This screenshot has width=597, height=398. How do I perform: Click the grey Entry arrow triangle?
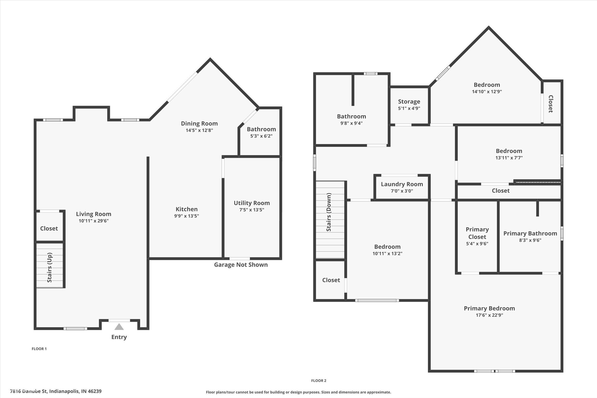tap(119, 327)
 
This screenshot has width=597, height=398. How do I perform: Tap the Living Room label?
tap(93, 214)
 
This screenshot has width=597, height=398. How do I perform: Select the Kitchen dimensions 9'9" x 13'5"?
tap(187, 216)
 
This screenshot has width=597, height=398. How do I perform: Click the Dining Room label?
tap(199, 123)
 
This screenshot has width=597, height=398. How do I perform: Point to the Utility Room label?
tap(252, 203)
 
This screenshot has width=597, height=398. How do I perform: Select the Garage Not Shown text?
tap(241, 265)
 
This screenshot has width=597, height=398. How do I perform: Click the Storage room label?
tap(409, 101)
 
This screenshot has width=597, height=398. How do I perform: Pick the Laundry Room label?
tap(402, 184)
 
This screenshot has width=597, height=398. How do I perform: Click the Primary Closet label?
tap(477, 233)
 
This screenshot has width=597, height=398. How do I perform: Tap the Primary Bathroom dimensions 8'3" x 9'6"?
tap(530, 240)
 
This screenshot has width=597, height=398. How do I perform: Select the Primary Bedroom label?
tap(489, 308)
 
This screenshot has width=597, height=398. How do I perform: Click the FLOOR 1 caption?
tap(39, 349)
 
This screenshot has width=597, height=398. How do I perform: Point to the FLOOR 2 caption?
tap(319, 381)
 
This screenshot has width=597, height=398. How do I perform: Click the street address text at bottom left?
tap(56, 391)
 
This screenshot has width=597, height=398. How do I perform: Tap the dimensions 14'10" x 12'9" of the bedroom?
tap(487, 92)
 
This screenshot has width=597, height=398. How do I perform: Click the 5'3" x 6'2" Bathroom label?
tap(261, 129)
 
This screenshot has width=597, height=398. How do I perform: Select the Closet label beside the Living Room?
tap(49, 228)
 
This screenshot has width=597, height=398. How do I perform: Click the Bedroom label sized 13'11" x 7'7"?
tap(509, 151)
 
